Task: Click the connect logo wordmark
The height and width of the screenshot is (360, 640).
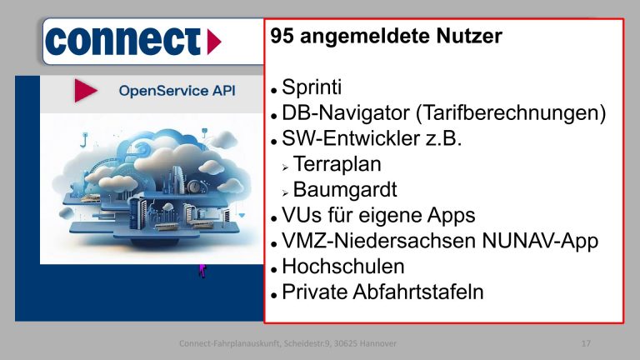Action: [x=124, y=40]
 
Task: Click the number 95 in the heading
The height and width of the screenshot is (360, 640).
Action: [x=282, y=37]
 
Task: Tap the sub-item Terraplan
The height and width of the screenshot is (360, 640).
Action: [x=342, y=164]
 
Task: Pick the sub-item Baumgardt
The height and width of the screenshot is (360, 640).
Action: [x=345, y=190]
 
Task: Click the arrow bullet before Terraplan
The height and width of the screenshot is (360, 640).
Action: [x=284, y=166]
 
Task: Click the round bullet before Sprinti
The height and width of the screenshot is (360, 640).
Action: [x=273, y=88]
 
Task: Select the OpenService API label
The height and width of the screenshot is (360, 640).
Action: [x=177, y=90]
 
